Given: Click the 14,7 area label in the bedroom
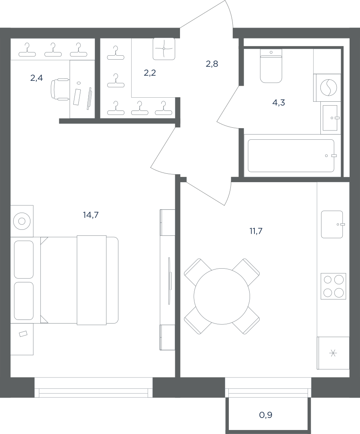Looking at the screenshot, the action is [91, 215].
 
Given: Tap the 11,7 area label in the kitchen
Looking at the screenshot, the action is [256, 231].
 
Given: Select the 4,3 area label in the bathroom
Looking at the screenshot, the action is [278, 102].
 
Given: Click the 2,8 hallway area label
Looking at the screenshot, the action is [212, 64].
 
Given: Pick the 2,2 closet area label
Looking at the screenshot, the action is [150, 73].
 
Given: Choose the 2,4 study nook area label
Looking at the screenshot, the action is [36, 78].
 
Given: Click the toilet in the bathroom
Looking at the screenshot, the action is [271, 66].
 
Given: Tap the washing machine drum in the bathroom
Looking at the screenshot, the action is [329, 87].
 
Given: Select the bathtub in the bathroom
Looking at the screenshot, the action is [291, 156].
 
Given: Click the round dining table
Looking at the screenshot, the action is [222, 296].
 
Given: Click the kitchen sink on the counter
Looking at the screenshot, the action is [332, 225].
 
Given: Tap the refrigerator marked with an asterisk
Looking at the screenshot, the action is [333, 353].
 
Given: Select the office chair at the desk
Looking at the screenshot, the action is [60, 89].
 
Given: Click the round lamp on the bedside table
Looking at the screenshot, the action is [22, 221].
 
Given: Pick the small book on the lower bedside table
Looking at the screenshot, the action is [23, 334].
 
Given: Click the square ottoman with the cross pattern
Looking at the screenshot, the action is [164, 49].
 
